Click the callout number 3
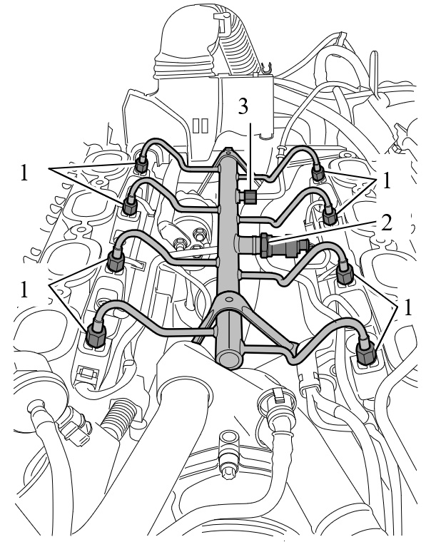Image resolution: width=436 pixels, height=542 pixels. point(243,107)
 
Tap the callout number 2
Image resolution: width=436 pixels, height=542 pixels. point(386,223)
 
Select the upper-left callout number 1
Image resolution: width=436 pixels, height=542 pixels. point(24,173)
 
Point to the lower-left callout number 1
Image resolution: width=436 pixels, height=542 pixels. point(24,290)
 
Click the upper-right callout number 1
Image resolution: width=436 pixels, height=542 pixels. point(387,180)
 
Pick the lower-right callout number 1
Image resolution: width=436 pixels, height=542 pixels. point(408,307)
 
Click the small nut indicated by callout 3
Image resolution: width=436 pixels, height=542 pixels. point(248,197)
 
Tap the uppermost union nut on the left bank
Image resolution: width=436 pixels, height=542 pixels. point(141,163)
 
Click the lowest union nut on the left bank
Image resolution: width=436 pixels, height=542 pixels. point(96,334)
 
